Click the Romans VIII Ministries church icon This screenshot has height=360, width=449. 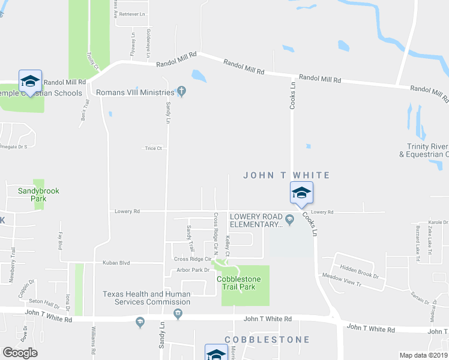182,92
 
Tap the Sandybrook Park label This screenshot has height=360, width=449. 38,194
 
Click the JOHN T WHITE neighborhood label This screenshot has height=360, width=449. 286,175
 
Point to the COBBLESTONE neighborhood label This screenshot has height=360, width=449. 267,340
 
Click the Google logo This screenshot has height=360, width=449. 20,352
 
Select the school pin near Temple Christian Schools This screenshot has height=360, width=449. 29,80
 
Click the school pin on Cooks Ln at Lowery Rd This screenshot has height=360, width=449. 301,193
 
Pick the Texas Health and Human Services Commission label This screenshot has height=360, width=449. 146,298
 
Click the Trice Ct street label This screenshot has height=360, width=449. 153,148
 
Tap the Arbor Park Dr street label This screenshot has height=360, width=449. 191,270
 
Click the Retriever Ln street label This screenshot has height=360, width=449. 133,13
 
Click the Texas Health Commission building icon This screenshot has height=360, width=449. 178,312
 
